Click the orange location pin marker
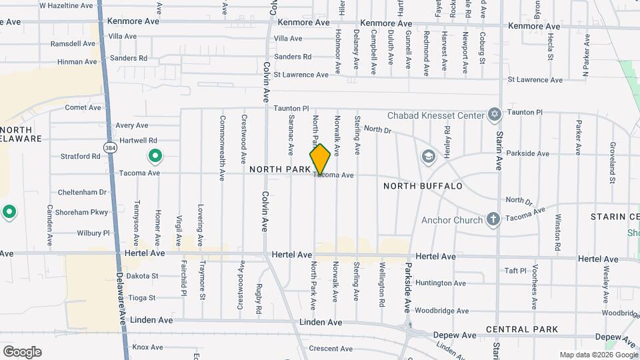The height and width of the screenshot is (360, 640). pos(320,159)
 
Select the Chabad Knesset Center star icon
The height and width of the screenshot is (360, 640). pos(494,115)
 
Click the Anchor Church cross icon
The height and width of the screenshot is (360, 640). pos(493,220)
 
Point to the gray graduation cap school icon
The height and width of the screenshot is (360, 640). pos(428,156)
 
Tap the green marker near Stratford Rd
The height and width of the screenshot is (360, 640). pos(155,157)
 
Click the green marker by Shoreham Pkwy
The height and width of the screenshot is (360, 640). pos(9,213)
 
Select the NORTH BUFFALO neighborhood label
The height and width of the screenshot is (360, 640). pos(423,186)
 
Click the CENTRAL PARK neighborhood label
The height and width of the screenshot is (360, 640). pos(522,329)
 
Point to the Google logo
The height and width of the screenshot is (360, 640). pos(22,351)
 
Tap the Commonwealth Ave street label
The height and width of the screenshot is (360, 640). pos(222,148)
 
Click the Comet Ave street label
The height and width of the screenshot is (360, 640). pos(83,107)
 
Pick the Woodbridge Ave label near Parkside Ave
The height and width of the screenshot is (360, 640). pos(441,310)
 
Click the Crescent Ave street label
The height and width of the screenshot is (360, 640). pos(330,349)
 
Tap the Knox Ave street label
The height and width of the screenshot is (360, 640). pos(147,347)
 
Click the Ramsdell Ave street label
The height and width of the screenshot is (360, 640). pos(73,43)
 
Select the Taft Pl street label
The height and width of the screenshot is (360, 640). pos(515,271)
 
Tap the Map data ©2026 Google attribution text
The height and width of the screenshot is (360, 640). pos(598,355)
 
